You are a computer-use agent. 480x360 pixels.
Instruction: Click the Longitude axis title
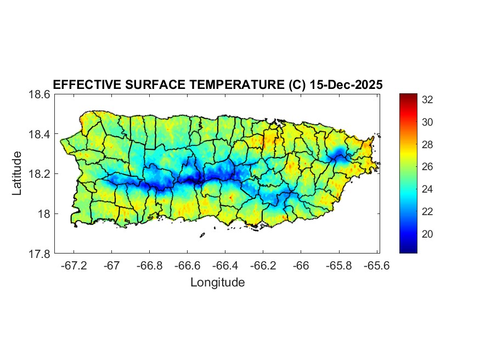point(217,283)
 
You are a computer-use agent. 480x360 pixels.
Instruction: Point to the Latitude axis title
point(18,173)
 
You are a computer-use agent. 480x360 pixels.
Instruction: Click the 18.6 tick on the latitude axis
point(39,94)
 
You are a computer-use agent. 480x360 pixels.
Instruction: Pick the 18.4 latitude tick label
point(39,134)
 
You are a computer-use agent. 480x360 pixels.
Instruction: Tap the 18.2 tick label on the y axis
point(39,174)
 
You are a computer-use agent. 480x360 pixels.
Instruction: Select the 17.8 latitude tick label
point(39,254)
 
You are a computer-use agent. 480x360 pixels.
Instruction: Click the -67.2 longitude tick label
point(74,266)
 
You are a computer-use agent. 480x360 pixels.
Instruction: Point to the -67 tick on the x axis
point(112,266)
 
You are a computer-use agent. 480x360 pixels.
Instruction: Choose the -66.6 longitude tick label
point(188,266)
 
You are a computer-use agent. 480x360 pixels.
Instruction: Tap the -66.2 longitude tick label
point(263,266)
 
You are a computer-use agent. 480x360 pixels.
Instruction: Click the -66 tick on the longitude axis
point(301,266)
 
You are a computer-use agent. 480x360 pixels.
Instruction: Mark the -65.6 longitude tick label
point(377,266)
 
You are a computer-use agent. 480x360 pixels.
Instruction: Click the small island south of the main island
point(202,235)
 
